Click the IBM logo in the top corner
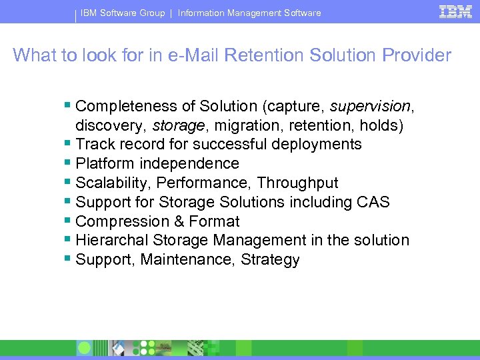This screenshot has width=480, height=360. tap(456, 12)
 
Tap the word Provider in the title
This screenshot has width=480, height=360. tap(415, 55)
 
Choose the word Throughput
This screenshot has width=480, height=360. tap(297, 183)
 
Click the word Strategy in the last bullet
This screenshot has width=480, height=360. tap(271, 260)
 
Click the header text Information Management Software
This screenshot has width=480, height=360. tap(249, 13)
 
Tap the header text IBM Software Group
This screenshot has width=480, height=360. tap(123, 13)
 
